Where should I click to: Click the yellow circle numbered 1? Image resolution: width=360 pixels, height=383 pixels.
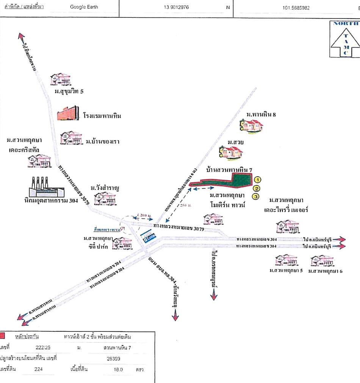pos(257,180)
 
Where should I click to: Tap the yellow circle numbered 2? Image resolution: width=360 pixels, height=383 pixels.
pos(257,188)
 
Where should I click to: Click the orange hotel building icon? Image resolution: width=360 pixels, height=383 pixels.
pos(69,114)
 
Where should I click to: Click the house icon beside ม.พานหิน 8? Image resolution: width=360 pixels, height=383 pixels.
pos(251,126)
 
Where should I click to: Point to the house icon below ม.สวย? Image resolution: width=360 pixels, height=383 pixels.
pos(231,152)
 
